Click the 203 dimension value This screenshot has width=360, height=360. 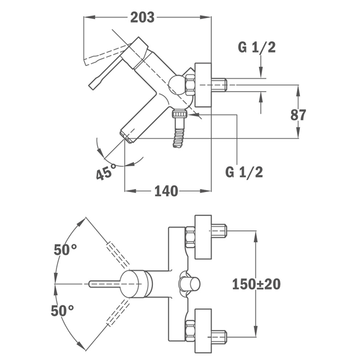(x=142, y=17)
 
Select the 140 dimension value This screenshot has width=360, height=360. (x=166, y=191)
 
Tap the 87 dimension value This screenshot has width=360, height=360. (x=298, y=115)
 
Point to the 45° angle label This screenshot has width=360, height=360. (x=106, y=172)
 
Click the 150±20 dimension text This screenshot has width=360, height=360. (x=256, y=284)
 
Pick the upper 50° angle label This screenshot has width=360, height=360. (x=65, y=250)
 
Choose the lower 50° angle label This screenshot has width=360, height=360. (x=62, y=311)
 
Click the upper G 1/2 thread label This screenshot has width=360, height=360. (x=257, y=47)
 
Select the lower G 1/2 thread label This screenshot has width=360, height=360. (x=244, y=172)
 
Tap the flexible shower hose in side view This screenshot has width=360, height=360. (x=178, y=138)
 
